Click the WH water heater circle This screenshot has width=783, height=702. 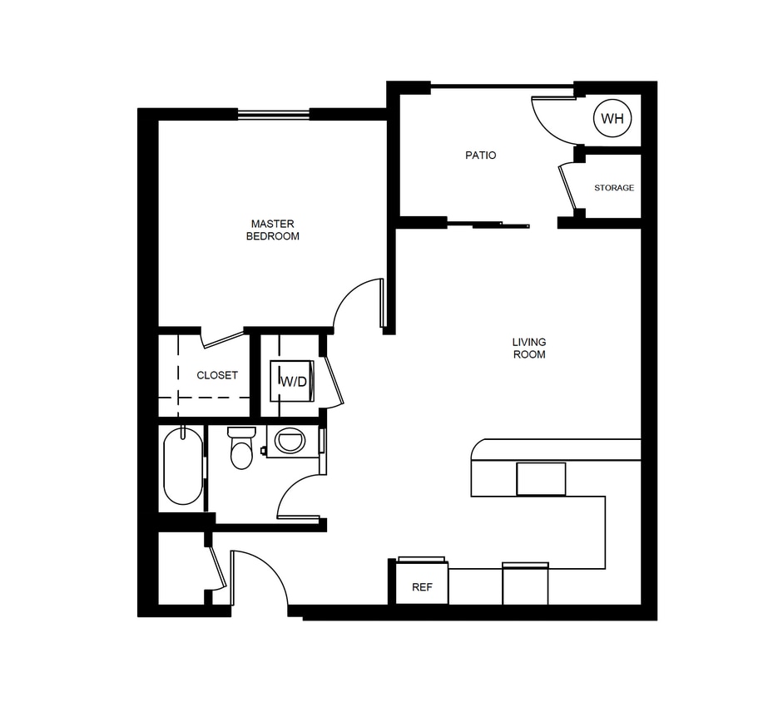coord(612,119)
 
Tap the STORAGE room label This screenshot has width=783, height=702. coord(614,188)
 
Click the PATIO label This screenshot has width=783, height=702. coord(481,155)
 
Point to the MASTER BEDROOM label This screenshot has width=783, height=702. coord(273,230)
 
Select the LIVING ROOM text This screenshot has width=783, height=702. coord(528,349)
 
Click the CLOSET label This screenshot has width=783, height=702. coord(217,375)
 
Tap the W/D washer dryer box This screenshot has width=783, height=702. coord(291,381)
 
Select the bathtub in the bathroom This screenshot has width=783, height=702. coord(183,466)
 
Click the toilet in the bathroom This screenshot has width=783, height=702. coord(241,448)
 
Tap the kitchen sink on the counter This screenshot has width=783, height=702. coord(541,478)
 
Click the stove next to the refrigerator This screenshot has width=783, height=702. coord(525,584)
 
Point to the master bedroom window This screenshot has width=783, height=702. coord(274,114)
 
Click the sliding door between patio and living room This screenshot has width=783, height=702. coord(488,223)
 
